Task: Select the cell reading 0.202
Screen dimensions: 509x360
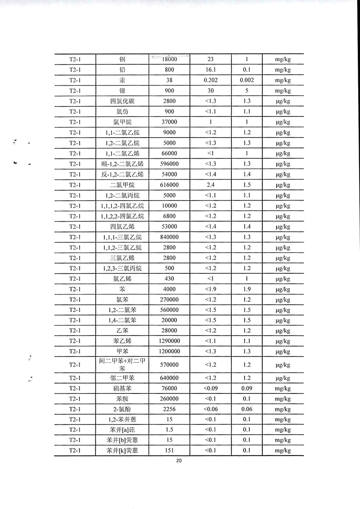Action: pos(211,80)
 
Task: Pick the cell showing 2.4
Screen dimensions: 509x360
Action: pos(211,185)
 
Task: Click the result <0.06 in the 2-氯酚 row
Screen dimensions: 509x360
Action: pos(211,409)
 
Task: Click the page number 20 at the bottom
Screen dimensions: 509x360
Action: pos(179,461)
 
